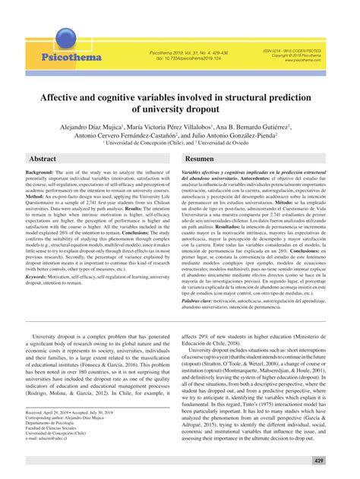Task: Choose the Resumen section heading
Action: pos(200,159)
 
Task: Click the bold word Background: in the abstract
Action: pos(40,174)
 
